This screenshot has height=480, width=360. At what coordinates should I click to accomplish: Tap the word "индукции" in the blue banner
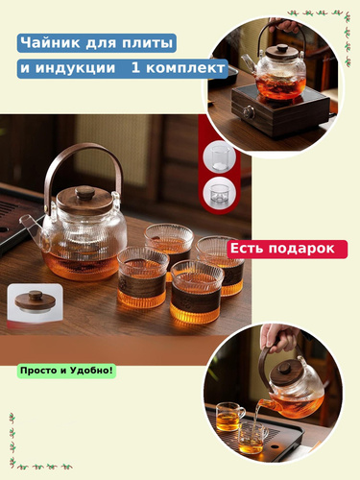click(75, 68)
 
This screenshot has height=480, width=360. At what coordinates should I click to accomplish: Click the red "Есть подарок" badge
click(287, 249)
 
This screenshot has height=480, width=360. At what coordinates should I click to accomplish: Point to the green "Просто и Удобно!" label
click(66, 371)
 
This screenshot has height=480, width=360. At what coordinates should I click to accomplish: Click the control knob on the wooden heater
click(249, 112)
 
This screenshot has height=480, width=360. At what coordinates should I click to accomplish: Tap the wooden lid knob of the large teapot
click(84, 192)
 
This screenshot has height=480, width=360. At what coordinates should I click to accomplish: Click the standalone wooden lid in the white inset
click(35, 301)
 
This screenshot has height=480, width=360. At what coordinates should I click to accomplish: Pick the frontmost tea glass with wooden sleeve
click(195, 291)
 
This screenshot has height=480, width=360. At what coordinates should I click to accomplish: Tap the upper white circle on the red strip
click(219, 157)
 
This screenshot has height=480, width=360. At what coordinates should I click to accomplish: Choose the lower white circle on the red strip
click(219, 193)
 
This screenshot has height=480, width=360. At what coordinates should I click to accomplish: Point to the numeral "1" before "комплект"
click(135, 67)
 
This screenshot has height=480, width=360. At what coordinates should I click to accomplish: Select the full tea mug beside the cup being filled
click(229, 417)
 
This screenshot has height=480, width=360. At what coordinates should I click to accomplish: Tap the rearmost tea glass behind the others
click(169, 242)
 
